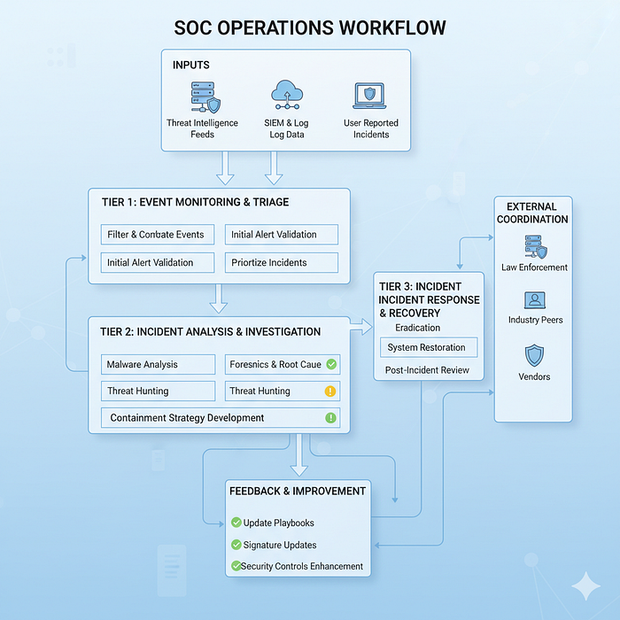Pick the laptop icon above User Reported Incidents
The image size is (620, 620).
point(370,96)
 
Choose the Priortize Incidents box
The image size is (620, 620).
point(281,262)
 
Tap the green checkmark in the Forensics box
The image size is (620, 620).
point(330,363)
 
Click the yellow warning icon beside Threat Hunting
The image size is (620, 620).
point(330,391)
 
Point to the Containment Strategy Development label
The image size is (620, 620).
point(187,417)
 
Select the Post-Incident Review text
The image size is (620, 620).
point(427,369)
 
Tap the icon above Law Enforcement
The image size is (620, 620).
point(534,245)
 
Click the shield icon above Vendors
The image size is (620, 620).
point(534,355)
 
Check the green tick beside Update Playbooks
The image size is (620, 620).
point(236,523)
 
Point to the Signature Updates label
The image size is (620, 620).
point(279,545)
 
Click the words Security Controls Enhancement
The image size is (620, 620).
point(303,566)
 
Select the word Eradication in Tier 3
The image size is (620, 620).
point(417,328)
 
